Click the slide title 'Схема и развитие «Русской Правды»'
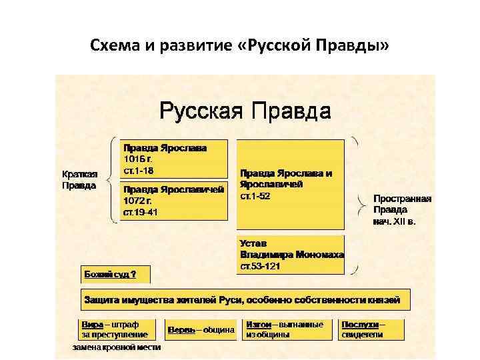click(240, 47)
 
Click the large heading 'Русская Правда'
click(245, 110)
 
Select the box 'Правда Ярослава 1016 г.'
click(173, 158)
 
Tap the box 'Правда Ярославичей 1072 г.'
click(173, 200)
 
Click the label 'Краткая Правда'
click(79, 180)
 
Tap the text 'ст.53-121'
click(261, 266)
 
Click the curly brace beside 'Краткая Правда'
click(111, 180)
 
